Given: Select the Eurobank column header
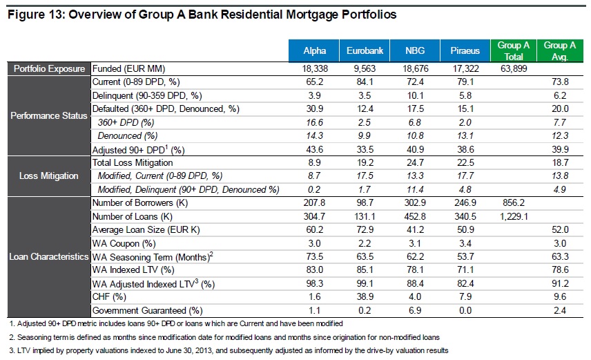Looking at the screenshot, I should tap(360, 51).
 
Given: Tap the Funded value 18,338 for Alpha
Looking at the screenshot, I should tap(314, 68).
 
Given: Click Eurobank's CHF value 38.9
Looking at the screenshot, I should tap(361, 296).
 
